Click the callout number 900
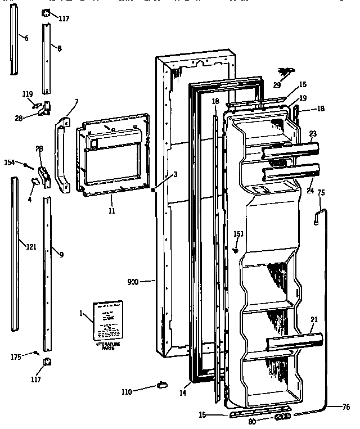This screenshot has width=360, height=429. (136, 281)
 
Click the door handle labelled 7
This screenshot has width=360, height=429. (61, 152)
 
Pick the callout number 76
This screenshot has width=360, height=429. (345, 407)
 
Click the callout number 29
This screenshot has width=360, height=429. (277, 84)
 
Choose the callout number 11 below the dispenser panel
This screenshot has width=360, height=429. (111, 210)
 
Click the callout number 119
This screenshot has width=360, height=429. (28, 93)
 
